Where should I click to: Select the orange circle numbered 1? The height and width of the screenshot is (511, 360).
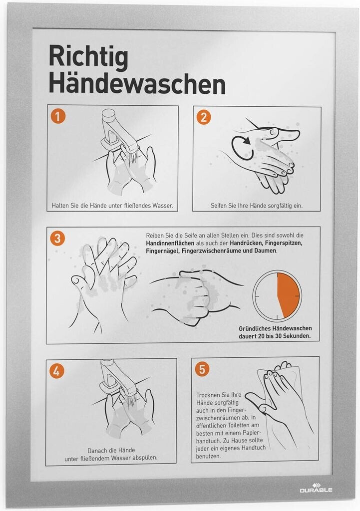click(x=58, y=116)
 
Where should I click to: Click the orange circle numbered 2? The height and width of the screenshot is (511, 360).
click(x=204, y=117)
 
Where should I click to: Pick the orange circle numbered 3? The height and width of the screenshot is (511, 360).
click(x=57, y=238)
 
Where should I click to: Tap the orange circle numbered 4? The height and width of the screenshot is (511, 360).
click(x=56, y=371)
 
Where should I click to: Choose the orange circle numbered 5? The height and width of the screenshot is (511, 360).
click(x=202, y=369)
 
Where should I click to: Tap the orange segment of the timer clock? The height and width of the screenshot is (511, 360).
click(x=288, y=295)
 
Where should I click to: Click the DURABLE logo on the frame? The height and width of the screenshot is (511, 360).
click(x=316, y=488)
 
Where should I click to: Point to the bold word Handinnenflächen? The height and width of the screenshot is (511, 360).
click(x=170, y=243)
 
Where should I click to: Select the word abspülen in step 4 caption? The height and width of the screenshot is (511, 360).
click(x=144, y=458)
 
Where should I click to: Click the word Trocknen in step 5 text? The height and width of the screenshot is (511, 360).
click(x=209, y=395)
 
